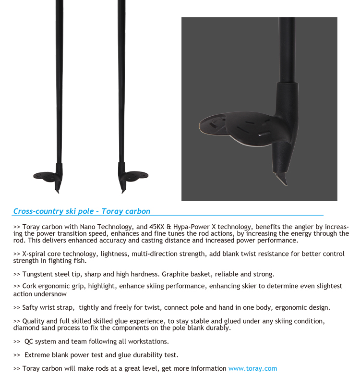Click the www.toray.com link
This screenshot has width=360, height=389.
tap(252, 369)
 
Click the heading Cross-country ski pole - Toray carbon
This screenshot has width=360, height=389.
tap(82, 211)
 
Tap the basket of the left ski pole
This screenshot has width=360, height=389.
tap(46, 176)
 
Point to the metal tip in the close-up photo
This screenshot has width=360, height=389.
tap(283, 178)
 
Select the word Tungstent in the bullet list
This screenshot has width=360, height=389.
tap(39, 274)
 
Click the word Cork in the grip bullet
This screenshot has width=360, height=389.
tap(30, 286)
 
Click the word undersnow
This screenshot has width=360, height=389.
tap(50, 294)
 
